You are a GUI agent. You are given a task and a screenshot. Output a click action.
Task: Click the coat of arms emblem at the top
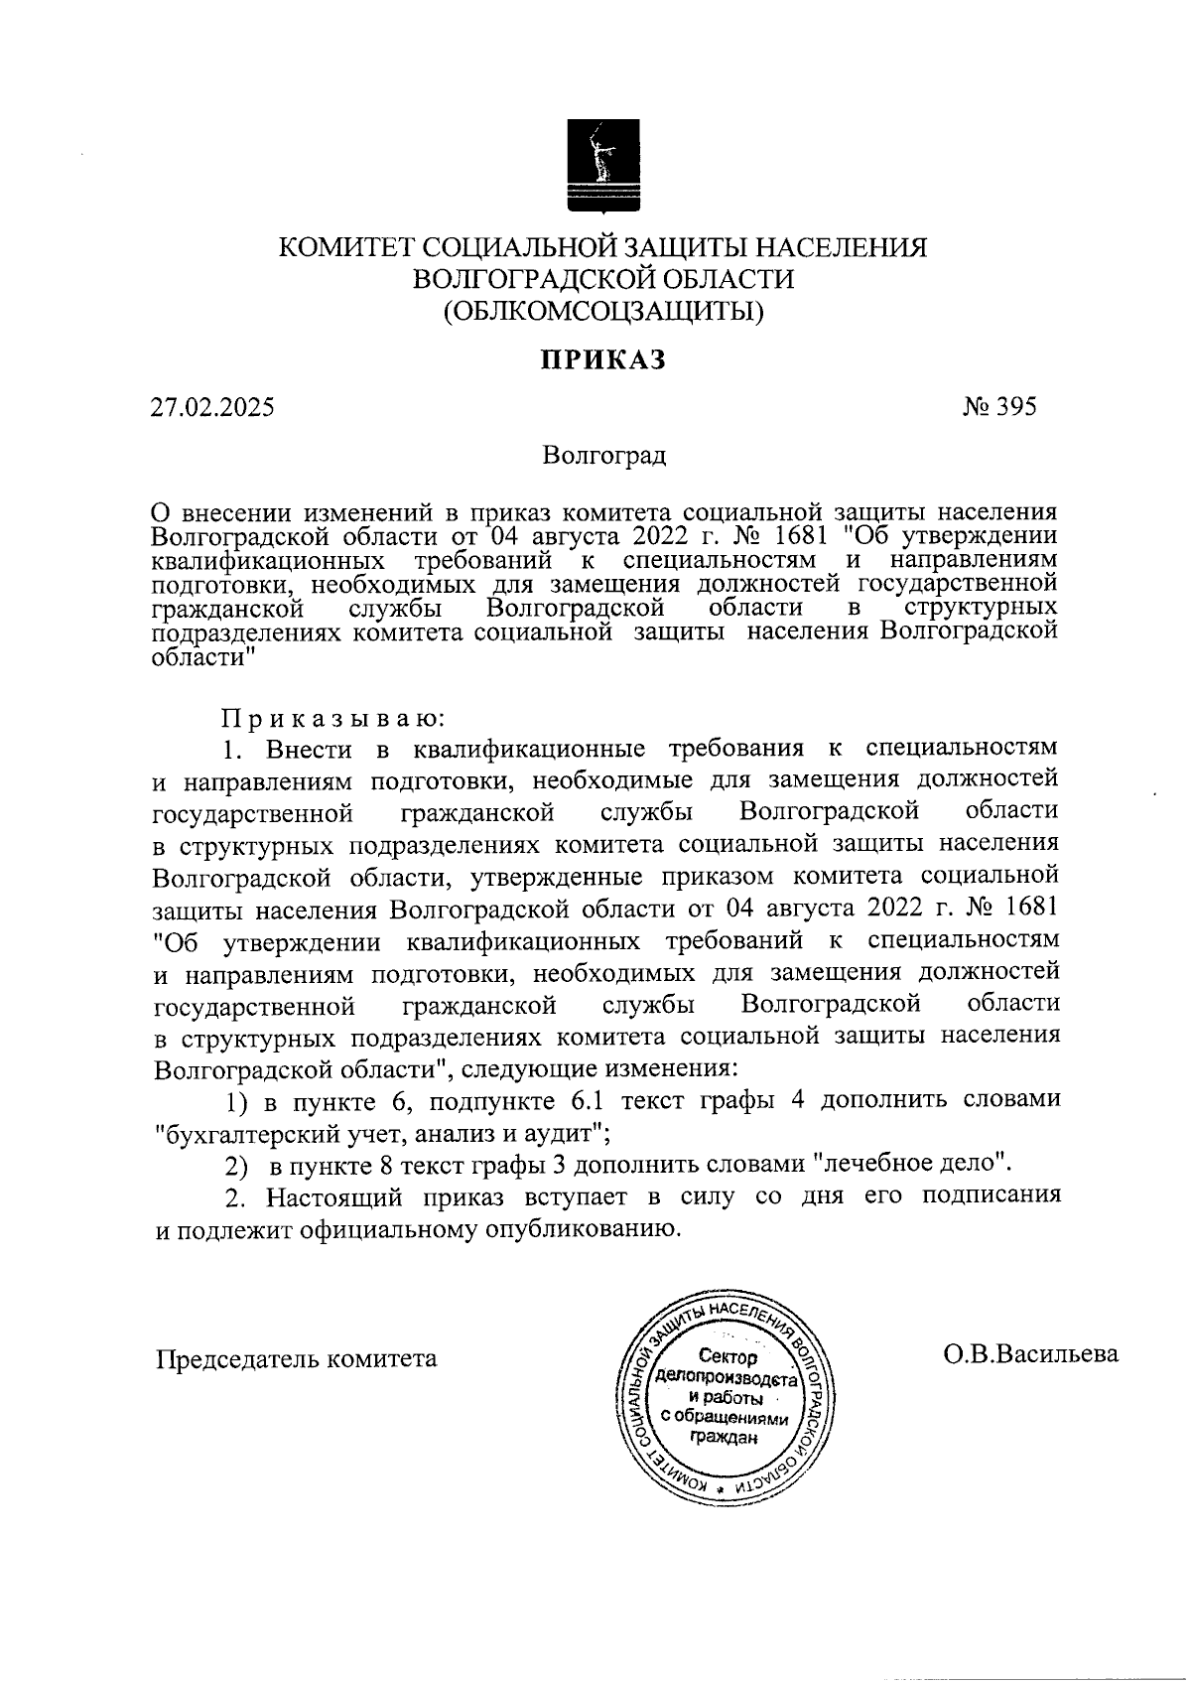pos(602,166)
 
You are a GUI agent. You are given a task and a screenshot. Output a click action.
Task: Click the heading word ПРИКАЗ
pos(601,360)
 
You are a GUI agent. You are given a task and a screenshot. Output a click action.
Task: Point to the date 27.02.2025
pos(212,407)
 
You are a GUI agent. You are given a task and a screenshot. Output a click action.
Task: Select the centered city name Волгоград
pos(604,457)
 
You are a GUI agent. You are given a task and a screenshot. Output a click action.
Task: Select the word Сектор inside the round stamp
pos(728,1357)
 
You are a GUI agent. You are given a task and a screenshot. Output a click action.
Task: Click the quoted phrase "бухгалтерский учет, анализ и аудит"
pos(382,1131)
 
